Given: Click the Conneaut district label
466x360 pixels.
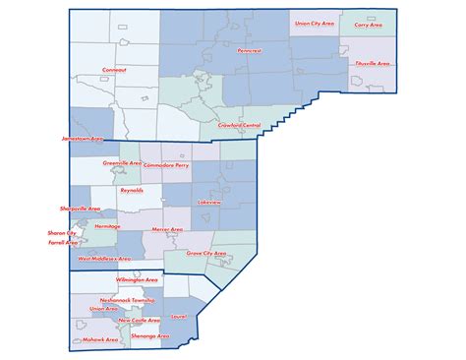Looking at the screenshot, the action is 114,70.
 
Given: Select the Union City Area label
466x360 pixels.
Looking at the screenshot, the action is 313,23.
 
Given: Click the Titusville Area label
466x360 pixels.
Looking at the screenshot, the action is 373,64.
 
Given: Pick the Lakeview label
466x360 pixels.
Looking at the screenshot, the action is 209,201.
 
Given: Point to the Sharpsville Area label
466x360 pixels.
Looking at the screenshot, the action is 81,209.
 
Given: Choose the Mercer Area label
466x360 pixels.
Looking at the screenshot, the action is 167,229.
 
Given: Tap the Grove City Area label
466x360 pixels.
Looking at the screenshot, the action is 206,254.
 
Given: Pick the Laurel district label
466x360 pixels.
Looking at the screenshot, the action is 178,317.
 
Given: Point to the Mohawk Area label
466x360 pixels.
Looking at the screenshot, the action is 100,339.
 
